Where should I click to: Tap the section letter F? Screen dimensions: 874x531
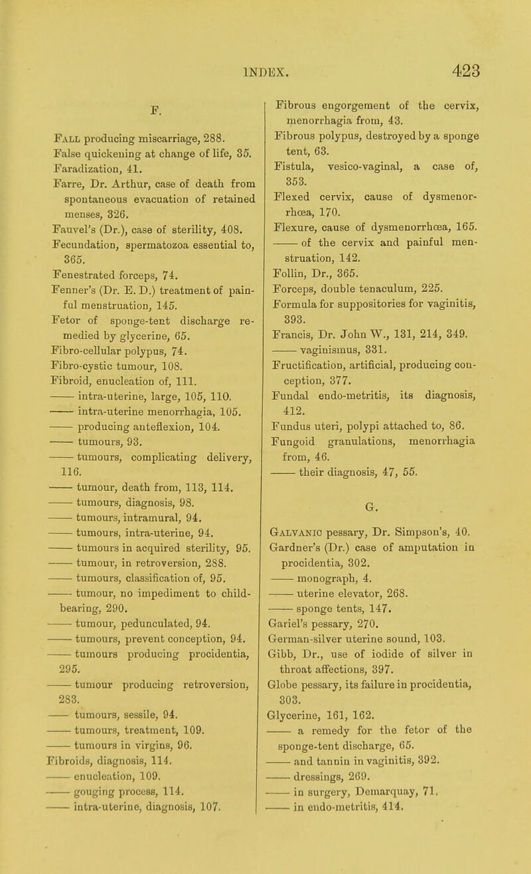(x=156, y=104)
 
